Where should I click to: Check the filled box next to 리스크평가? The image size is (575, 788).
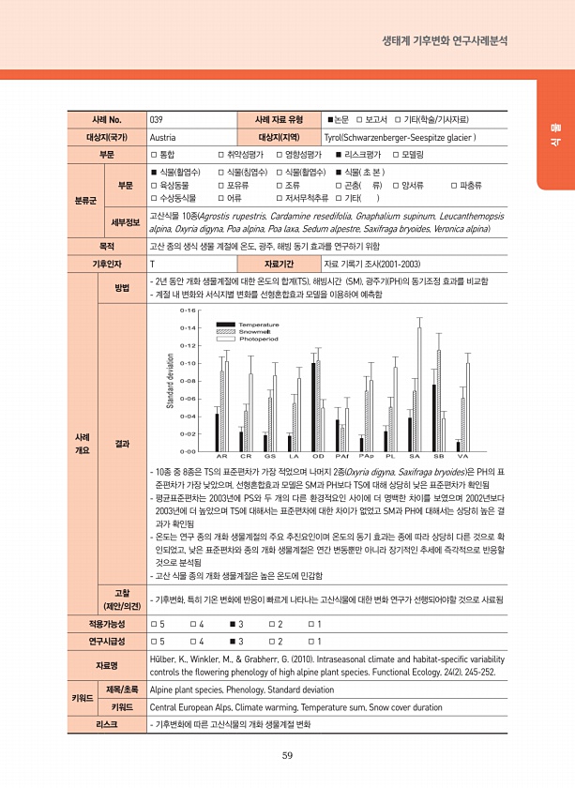coord(340,154)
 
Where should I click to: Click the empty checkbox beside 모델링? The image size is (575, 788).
coord(397,154)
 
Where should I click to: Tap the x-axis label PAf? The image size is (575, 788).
coord(343,455)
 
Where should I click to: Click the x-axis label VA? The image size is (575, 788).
coord(462,455)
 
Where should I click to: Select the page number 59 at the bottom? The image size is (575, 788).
coord(287,758)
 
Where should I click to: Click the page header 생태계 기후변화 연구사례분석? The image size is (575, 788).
coord(446,41)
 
